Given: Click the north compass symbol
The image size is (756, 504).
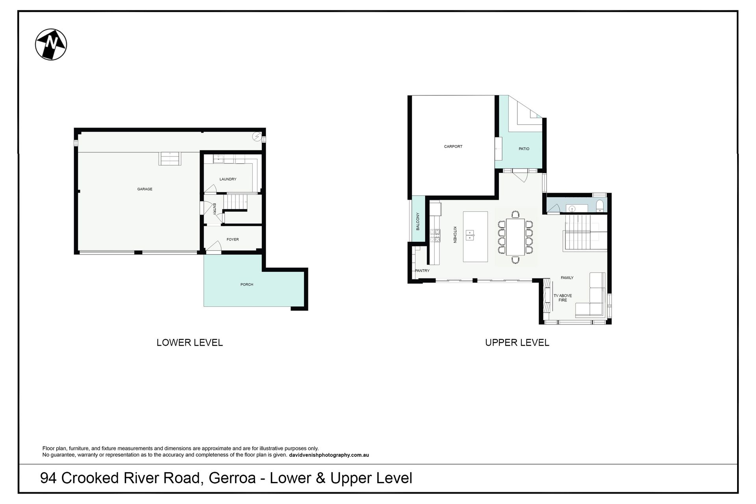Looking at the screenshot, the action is coord(51,44).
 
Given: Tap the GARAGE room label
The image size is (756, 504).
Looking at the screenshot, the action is coord(145,189).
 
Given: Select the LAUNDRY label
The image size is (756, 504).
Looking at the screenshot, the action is coord(228,179).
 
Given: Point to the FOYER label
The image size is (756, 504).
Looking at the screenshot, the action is coord(233,239).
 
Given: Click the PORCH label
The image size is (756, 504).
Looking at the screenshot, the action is coord(247,284).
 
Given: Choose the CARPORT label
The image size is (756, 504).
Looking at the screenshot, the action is coord(453,146).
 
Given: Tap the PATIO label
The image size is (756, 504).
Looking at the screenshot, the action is coord(524,149).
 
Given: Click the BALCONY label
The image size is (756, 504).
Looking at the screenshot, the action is coord(418,221).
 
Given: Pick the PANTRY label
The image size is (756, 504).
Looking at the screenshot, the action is coord(422,271).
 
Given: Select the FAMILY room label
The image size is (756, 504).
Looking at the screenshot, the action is coord(567,278).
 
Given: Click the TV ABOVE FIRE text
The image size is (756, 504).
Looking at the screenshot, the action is coord(563,298).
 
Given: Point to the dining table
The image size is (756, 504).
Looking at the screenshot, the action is coord(515,237).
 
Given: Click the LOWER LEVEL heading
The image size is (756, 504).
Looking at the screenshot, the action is coord(190,343).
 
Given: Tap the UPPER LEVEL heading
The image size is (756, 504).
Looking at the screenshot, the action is coord(517,343).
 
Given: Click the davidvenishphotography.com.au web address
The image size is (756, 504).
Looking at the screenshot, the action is coord(329,455).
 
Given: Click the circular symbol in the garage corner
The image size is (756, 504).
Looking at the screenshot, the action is coord(257,136).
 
